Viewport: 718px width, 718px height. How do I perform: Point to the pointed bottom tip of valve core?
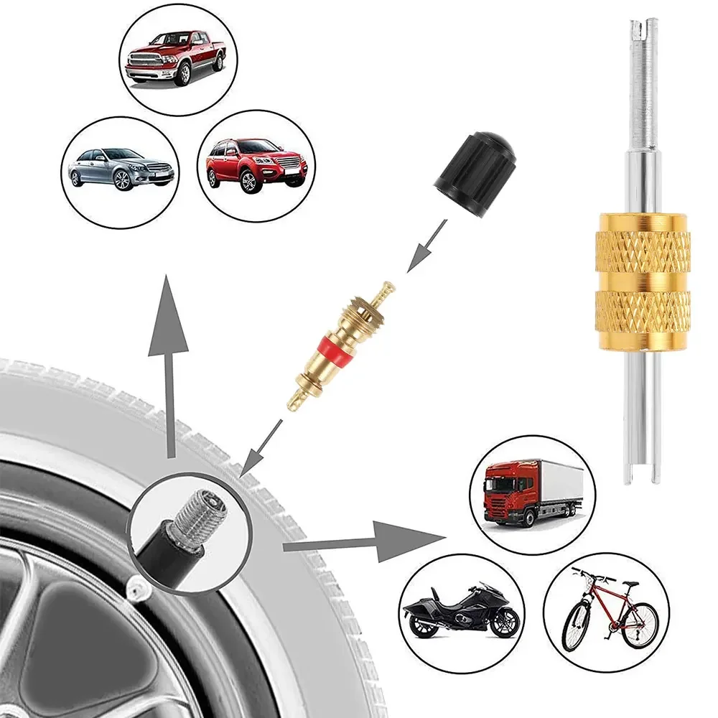(x=292, y=406)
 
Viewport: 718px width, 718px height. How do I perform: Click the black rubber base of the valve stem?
(x=165, y=557)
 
